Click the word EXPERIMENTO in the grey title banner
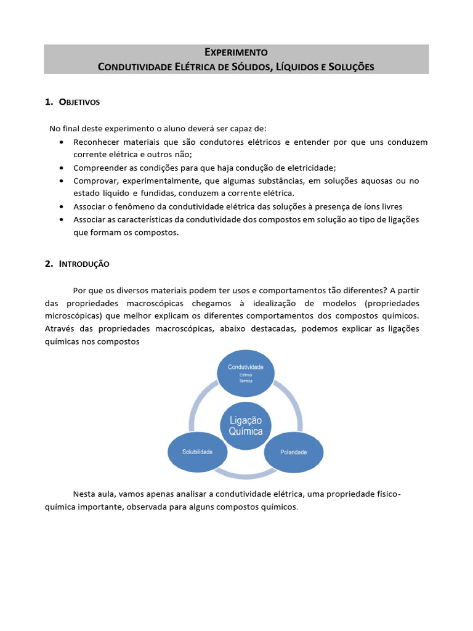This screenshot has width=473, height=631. [x=236, y=52]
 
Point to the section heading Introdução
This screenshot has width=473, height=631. [x=84, y=264]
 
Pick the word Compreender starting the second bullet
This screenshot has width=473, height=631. [x=100, y=168]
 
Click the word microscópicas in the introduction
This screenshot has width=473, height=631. [x=73, y=316]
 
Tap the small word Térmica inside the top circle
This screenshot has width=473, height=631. [x=246, y=381]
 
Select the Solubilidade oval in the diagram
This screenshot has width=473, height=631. [x=197, y=452]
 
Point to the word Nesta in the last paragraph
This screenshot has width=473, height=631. [x=85, y=494]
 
